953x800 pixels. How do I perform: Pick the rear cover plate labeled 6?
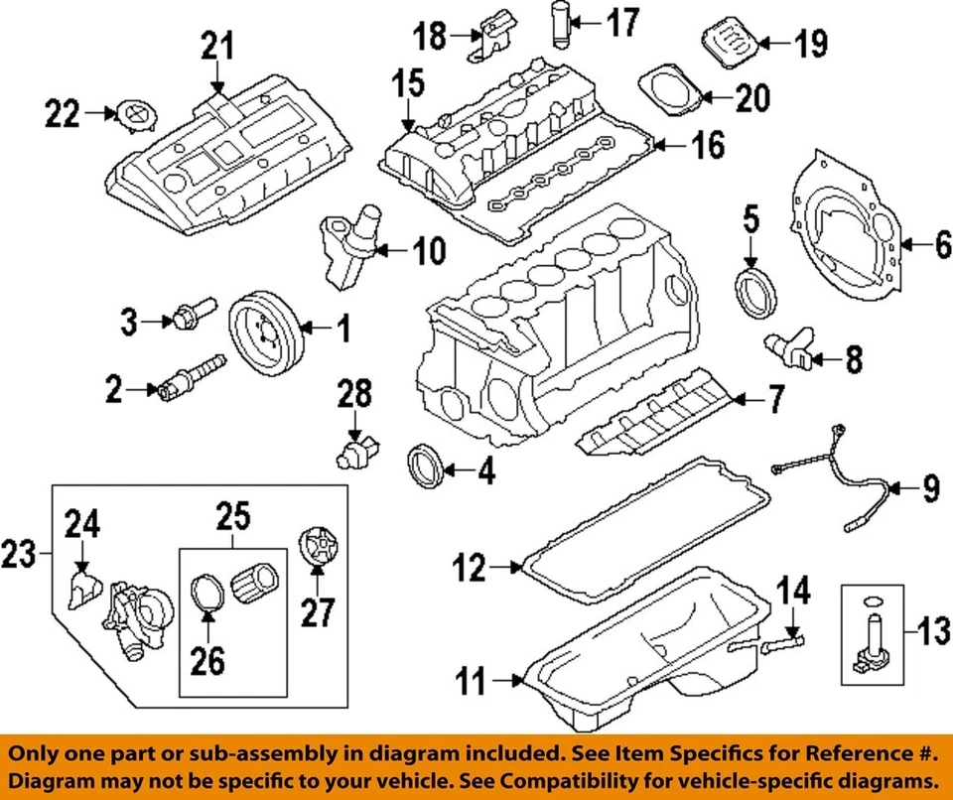[849, 231]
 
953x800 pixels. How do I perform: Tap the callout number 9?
[928, 487]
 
